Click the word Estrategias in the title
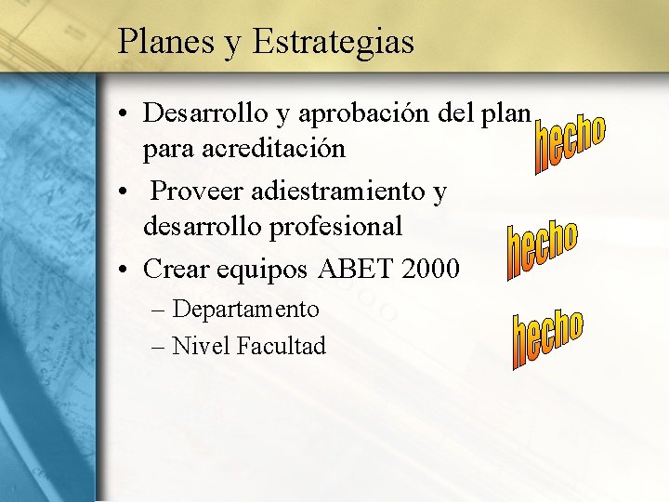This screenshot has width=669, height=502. click(333, 43)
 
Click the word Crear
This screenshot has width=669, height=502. click(177, 270)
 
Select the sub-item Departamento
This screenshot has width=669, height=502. click(246, 309)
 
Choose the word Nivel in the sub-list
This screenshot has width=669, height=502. click(202, 347)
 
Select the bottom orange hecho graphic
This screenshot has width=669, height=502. click(547, 339)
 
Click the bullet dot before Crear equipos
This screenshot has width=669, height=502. click(125, 271)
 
